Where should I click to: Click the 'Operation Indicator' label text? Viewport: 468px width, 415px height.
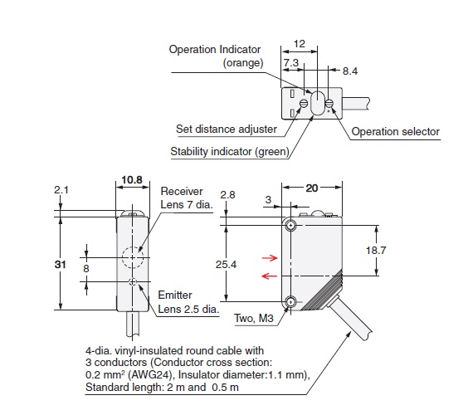pos(216,50)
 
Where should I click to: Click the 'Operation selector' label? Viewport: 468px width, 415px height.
pos(395,131)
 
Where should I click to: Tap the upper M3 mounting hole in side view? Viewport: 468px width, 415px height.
pos(290,227)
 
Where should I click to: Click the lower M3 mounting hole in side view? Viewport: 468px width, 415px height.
pos(290,301)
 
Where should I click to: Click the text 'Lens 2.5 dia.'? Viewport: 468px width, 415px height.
pos(188,309)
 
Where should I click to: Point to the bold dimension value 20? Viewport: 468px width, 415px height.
pos(312,188)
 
